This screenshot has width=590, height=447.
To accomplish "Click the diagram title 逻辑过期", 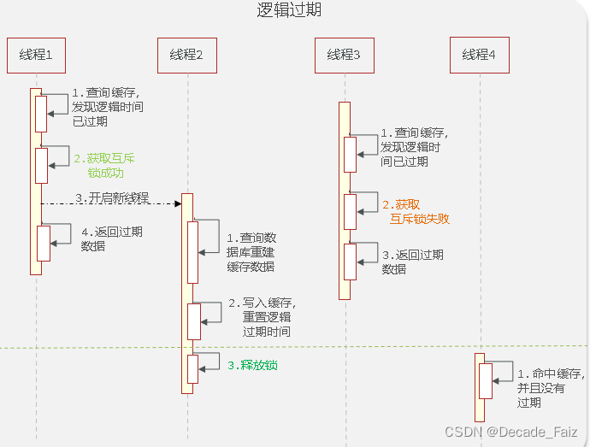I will coord(289,10).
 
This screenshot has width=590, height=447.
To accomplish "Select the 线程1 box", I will coord(36,55).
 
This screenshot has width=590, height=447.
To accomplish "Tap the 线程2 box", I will coord(186,56).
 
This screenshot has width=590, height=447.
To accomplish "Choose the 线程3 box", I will coord(344,55).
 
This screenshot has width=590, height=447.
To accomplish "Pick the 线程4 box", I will coord(480,55).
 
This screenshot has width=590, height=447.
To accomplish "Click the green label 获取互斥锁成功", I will coord(104,165).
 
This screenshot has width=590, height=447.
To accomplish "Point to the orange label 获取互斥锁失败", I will coord(416,211).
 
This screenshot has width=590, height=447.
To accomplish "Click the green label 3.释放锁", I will coord(252,365).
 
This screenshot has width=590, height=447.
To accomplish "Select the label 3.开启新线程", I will coord(112,197).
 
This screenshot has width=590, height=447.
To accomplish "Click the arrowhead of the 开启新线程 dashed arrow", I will coord(178,203).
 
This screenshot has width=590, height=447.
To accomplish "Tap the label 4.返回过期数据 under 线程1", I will coord(111,238).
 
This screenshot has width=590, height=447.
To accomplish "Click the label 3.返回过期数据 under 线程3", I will coord(412,262).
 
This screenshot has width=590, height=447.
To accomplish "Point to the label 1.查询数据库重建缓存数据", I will coord(251,251).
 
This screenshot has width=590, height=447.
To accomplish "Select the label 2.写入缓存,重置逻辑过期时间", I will coord(262,317).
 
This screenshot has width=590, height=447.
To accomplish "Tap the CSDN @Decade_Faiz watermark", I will coord(516,432).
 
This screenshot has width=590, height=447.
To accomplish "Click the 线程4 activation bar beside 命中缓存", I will coord(485,380).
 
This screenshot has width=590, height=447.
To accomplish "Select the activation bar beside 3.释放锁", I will coord(193,368).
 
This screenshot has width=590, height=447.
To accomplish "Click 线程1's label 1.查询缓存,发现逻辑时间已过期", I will coord(107,107).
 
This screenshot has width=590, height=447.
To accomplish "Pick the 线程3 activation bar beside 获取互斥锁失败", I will coord(350,211).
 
